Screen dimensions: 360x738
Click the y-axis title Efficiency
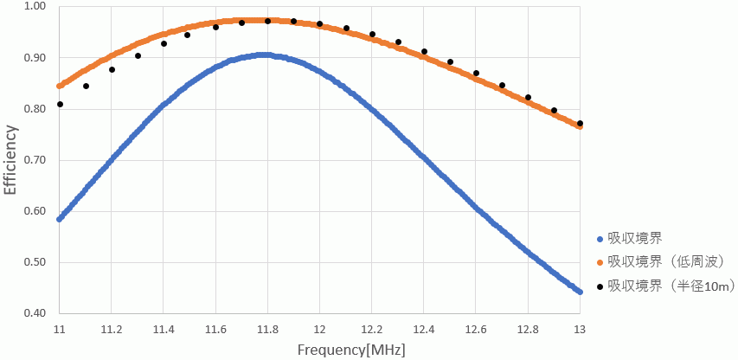tap(10, 160)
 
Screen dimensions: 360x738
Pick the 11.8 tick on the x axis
tap(267, 330)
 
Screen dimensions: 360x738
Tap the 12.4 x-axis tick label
tap(423, 330)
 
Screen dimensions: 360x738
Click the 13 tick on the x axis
tap(580, 330)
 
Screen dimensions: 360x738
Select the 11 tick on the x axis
tap(60, 330)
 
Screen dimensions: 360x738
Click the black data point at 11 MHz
tap(60, 105)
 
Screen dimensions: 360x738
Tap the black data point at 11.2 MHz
tap(112, 69)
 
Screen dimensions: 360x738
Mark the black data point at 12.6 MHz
tap(476, 73)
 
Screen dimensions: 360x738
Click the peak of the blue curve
tap(265, 55)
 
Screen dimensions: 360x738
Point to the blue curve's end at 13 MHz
tap(580, 292)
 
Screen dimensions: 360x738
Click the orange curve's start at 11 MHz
tap(60, 86)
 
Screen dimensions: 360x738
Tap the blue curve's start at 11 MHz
tap(60, 219)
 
